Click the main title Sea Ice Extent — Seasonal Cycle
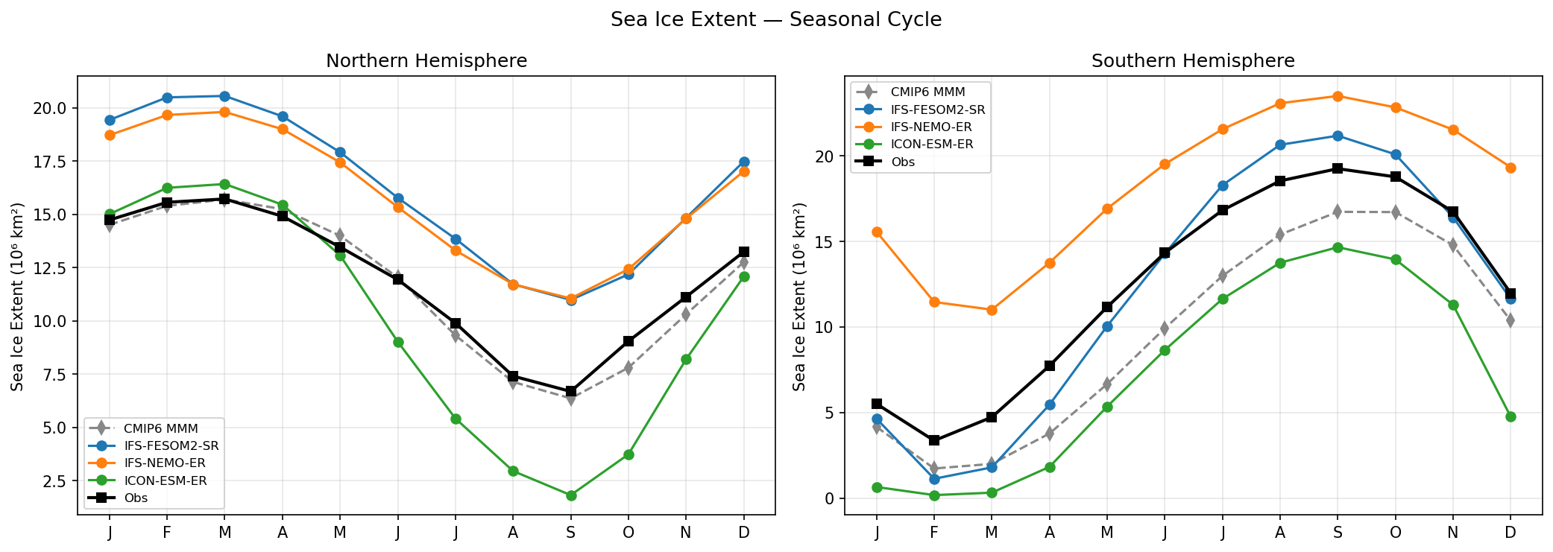pos(775,19)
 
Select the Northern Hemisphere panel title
pos(426,61)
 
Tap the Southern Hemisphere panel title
pos(1193,61)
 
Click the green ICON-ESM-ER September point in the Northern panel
pos(571,495)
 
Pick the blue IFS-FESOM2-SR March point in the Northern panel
pos(224,96)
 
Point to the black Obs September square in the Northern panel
pos(571,391)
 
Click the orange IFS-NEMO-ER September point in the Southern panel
pos(1338,96)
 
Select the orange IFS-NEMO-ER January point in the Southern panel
pos(877,232)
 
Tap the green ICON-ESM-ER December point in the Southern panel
pos(1511,416)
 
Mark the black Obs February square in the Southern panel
pos(934,440)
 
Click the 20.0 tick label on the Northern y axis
pos(50,109)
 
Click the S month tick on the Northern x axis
pos(571,533)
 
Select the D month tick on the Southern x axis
pos(1511,533)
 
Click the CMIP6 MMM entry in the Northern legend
pos(160,429)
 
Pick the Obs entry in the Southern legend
pos(902,162)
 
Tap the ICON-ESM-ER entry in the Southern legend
pos(932,145)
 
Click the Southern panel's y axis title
pos(800,296)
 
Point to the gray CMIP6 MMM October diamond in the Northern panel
pos(629,367)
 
